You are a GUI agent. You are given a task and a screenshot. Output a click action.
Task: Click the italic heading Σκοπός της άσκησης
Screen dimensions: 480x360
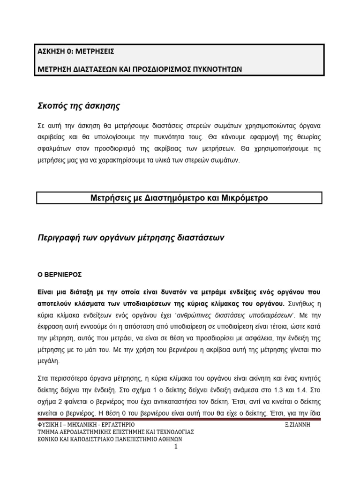79,106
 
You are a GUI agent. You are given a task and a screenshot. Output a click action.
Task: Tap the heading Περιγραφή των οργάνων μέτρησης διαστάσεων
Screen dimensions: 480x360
131,238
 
